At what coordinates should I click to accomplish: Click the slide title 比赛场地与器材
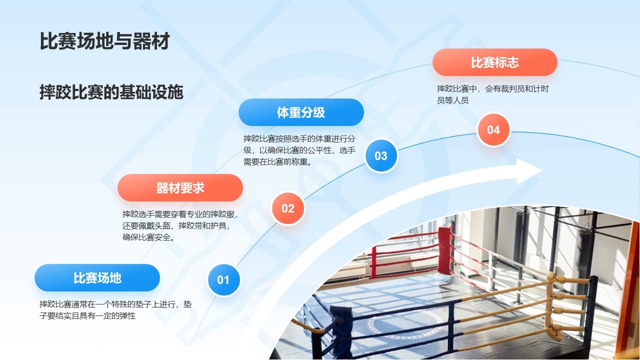coord(104,42)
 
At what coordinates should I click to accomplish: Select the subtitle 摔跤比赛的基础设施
coord(111,92)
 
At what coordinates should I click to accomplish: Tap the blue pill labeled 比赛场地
coord(97,278)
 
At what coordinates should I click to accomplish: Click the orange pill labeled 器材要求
coord(180,188)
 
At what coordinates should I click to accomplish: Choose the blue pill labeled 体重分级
coord(301,112)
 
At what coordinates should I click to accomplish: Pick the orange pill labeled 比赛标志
coord(494,62)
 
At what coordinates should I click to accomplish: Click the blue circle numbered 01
coord(223,280)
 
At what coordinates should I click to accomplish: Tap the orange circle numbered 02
coord(287,208)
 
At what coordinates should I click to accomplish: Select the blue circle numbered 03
coord(381,155)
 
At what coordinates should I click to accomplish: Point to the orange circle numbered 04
coord(493,130)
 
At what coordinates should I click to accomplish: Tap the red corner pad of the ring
coord(444,250)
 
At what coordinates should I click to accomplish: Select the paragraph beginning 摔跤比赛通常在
coord(115,310)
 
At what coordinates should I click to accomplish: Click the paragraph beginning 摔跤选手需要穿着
coord(180,226)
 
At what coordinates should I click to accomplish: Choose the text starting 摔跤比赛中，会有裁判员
coord(493,94)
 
